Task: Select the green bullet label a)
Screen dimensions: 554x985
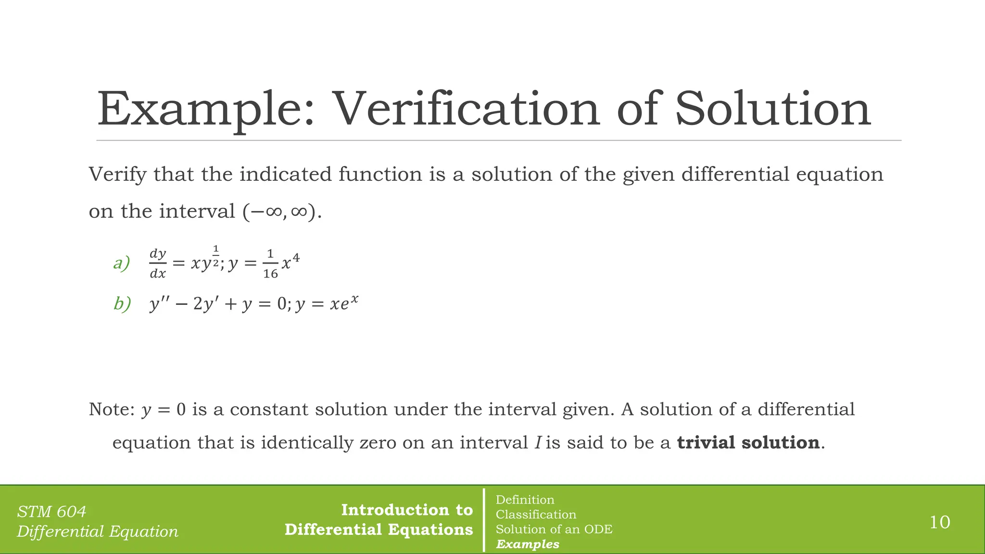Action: click(121, 263)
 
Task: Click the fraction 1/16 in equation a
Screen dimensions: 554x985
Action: click(270, 264)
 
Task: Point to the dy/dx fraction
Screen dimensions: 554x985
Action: click(158, 264)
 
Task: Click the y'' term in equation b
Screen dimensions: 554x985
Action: click(159, 304)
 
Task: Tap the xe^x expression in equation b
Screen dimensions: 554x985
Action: click(344, 303)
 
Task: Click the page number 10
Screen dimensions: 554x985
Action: click(939, 522)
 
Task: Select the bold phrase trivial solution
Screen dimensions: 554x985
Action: click(748, 442)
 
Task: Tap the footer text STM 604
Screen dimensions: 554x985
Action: click(51, 511)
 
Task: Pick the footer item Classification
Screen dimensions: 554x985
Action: click(536, 515)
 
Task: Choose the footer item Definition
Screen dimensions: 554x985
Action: click(525, 500)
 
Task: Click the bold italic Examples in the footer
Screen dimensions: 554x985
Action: click(528, 544)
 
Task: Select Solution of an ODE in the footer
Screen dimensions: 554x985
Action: click(554, 529)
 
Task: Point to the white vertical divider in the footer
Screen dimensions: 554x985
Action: click(484, 520)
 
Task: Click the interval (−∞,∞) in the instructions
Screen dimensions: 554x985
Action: click(281, 212)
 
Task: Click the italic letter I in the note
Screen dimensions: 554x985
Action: click(538, 442)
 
